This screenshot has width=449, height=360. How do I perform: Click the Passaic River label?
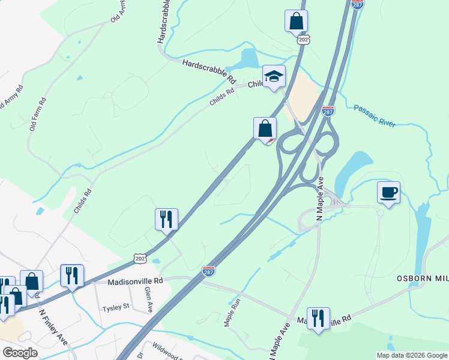point(375,115)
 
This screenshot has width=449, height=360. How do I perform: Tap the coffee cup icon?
point(388,193)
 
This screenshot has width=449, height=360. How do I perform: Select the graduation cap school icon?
point(274,76)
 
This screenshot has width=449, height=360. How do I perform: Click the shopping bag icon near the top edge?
point(296,21)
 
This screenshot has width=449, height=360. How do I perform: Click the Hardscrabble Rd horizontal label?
point(209,70)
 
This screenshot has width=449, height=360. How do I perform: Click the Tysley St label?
point(116,307)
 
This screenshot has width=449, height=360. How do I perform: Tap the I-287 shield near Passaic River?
point(328,111)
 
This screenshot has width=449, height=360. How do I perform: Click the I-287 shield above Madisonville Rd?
point(208,271)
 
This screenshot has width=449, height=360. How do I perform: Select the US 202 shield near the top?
point(303,40)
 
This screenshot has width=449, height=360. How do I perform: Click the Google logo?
point(20,353)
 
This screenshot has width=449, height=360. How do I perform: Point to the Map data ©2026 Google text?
point(411,355)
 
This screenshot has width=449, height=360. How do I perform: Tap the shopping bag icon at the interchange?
point(265,128)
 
